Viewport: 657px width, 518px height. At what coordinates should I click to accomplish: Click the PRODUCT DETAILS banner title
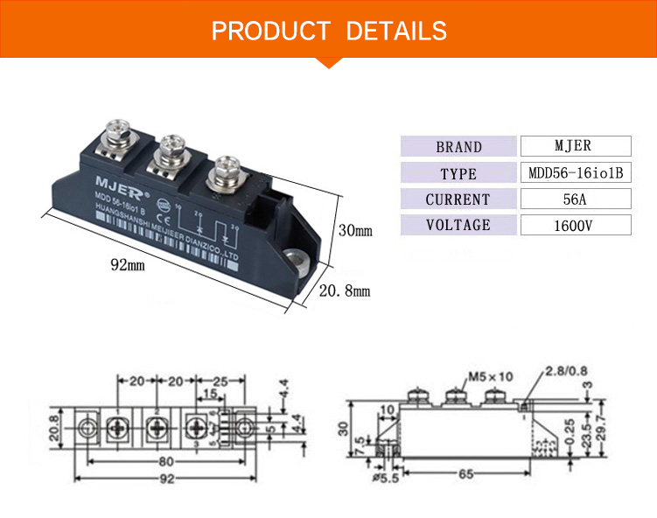pos(329,31)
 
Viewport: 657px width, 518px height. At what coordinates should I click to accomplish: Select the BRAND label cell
pos(458,147)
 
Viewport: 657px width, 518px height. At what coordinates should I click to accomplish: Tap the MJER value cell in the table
pos(575,146)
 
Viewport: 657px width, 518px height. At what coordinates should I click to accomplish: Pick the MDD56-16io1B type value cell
pos(575,172)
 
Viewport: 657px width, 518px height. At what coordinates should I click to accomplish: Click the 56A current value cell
pos(575,199)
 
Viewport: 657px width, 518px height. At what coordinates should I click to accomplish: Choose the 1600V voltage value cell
pos(575,225)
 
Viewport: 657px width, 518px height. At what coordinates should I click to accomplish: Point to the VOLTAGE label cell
pos(458,225)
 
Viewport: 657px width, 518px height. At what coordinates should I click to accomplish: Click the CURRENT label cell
pos(458,199)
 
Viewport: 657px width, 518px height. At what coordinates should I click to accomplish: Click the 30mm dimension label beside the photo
pos(354,231)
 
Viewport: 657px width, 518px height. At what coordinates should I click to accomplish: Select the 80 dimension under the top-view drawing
pos(166,461)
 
